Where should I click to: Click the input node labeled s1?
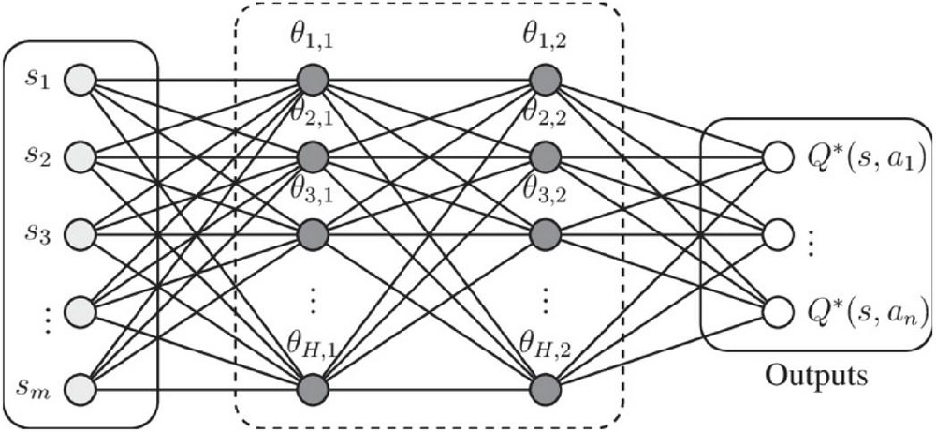[81, 79]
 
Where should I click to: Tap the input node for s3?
[81, 232]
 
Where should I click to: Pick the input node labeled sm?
[81, 386]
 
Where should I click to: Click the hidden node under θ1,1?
[313, 79]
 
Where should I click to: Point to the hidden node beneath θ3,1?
[313, 232]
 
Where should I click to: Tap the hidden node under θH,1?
[313, 386]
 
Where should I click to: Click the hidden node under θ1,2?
[545, 79]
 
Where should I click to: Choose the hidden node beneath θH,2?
[545, 386]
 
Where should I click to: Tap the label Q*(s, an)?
[866, 309]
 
